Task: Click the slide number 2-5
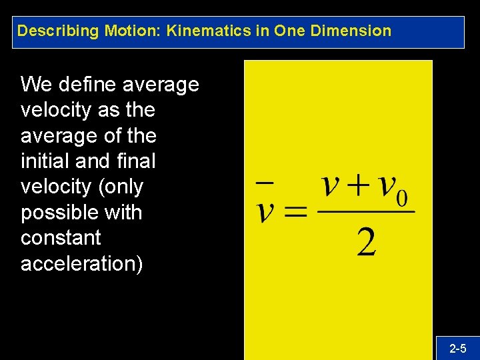(x=458, y=348)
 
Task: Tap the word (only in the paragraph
(x=121, y=187)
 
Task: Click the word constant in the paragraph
(x=61, y=238)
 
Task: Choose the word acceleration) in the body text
(x=81, y=263)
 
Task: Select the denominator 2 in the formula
(x=366, y=241)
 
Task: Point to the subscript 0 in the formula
(x=403, y=199)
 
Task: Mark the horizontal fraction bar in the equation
(x=365, y=213)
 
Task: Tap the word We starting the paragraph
(x=36, y=85)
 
